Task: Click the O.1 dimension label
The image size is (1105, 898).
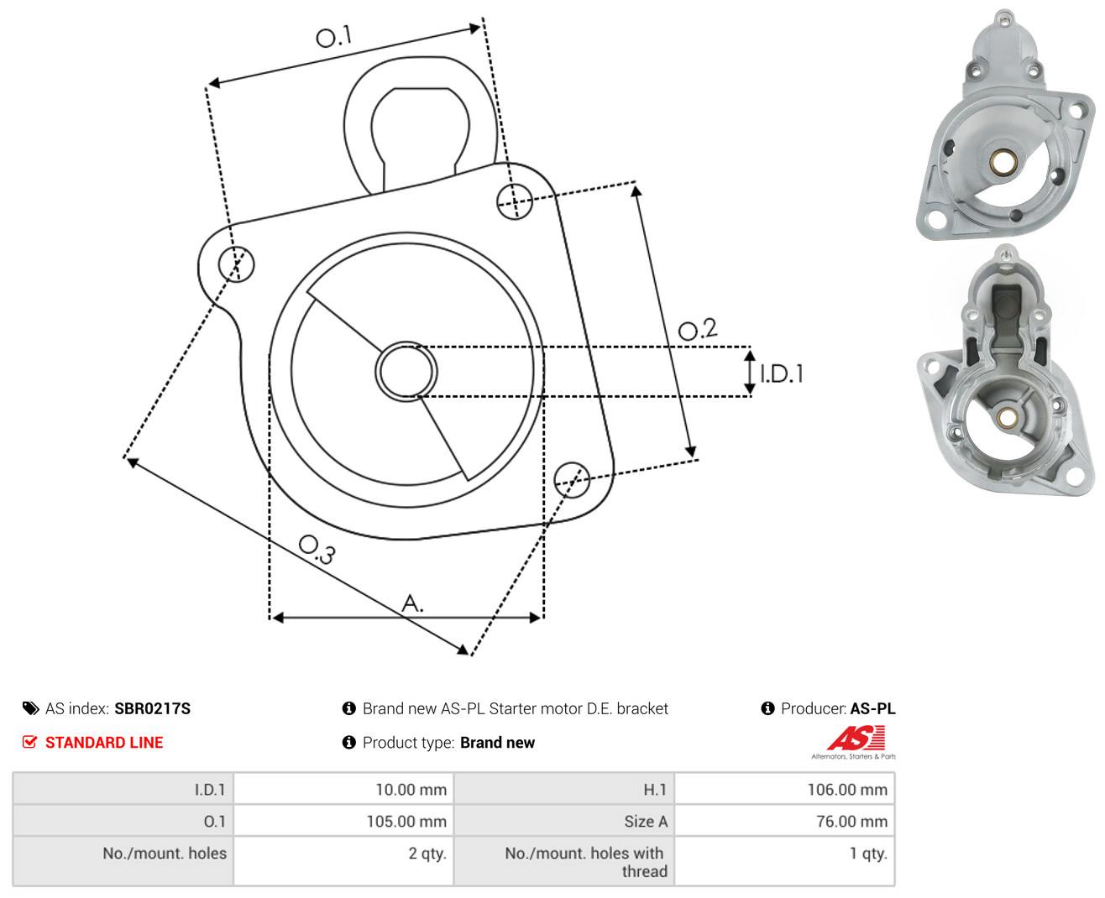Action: click(333, 36)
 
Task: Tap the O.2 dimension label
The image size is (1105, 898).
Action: click(697, 329)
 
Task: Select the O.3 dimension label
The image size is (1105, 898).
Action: click(317, 550)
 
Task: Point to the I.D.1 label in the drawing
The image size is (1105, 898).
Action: click(782, 373)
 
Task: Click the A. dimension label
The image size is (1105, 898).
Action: click(412, 603)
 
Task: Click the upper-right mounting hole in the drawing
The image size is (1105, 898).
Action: click(514, 201)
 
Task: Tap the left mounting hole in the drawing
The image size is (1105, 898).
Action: click(236, 264)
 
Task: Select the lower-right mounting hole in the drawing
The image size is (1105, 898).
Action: click(572, 480)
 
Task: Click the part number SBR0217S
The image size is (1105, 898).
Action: click(153, 708)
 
